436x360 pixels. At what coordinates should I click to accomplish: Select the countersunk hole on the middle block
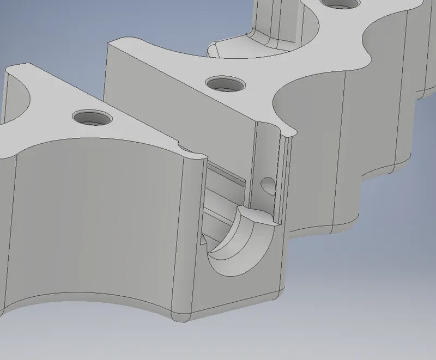pos(225,84)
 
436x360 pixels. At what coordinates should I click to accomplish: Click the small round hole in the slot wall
pos(267,185)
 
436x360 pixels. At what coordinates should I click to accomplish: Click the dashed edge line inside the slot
pos(279,174)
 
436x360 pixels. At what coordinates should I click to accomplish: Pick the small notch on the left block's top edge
pos(181,147)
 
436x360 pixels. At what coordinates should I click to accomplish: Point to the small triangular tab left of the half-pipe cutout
pos(204,240)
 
